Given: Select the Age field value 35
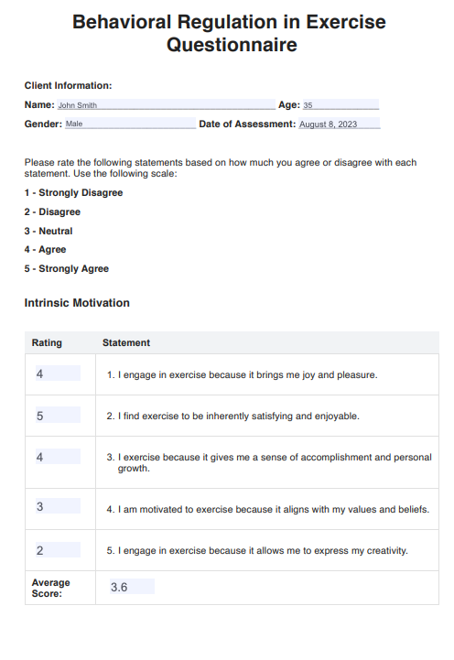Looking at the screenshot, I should click(x=340, y=105).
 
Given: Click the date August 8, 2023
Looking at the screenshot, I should click(x=339, y=124).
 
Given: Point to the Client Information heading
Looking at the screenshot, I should click(x=68, y=85).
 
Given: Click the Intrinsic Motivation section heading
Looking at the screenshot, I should click(x=77, y=303).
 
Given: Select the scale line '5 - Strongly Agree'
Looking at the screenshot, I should click(x=67, y=268).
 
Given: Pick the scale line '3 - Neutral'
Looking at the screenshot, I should click(x=49, y=231).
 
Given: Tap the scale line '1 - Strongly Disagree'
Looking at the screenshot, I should click(x=73, y=193).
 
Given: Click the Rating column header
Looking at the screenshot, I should click(x=47, y=343).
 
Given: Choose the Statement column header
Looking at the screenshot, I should click(x=126, y=343).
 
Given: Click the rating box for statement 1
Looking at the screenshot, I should click(x=57, y=373).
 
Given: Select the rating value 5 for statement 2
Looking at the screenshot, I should click(x=57, y=416).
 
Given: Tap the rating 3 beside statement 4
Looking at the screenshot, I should click(x=57, y=507).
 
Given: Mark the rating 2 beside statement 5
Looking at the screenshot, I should click(x=57, y=550).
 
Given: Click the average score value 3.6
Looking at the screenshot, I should click(x=131, y=587).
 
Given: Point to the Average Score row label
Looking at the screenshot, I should click(x=50, y=588).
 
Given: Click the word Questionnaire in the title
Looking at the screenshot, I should click(x=232, y=45).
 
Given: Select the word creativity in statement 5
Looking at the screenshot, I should click(x=385, y=551).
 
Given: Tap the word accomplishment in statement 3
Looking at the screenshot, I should click(x=324, y=457).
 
